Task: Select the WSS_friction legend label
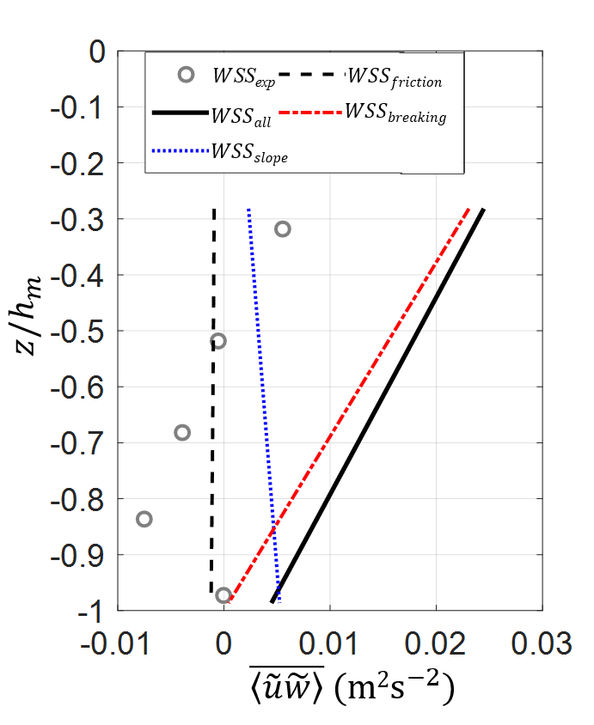(395, 78)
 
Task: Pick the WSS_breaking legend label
(395, 114)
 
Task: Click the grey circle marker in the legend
(186, 75)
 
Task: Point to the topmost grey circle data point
(282, 229)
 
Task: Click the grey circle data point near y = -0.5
(218, 341)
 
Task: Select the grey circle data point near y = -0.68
(182, 432)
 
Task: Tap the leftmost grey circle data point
(144, 519)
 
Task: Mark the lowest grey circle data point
(224, 595)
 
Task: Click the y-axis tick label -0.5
(77, 332)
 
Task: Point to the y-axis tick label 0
(97, 52)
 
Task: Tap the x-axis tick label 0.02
(436, 643)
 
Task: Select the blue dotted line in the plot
(262, 404)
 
